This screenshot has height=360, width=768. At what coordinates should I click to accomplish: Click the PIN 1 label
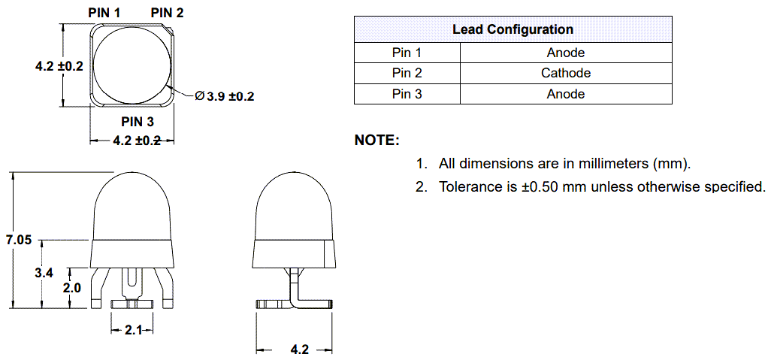104,12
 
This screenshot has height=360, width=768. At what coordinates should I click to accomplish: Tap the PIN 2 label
167,12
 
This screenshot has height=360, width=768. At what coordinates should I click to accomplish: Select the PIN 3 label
138,122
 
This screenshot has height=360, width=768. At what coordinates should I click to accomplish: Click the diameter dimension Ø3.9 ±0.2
225,96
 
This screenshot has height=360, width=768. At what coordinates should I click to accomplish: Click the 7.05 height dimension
19,241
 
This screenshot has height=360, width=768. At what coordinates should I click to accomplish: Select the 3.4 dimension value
44,274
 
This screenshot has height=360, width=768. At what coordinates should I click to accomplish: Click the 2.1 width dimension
132,329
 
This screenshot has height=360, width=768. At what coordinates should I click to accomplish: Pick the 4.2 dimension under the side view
299,349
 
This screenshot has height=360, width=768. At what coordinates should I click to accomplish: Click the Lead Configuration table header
513,30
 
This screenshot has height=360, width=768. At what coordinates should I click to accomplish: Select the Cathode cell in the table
565,73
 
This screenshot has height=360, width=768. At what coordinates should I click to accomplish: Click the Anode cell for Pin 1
565,53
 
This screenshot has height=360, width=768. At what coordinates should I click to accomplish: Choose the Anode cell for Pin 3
565,94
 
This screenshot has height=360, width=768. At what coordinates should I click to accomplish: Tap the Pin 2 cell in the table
407,73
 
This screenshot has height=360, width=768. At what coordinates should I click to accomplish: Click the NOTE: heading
376,141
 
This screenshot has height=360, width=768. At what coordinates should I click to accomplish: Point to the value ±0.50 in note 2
539,186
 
